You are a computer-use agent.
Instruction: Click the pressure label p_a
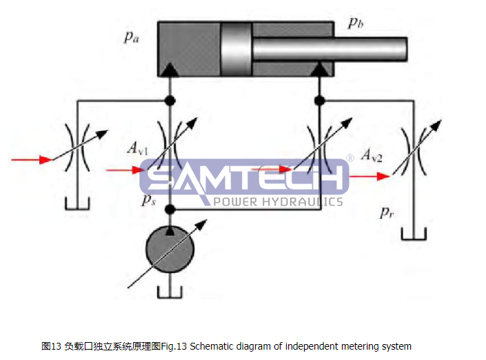coord(131,37)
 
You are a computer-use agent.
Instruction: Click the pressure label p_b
coord(356,23)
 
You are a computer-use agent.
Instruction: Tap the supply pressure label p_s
coord(148,200)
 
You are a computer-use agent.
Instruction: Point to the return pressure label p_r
coord(387,212)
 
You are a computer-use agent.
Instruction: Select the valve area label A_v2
coord(372,156)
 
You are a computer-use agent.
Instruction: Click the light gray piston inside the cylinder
coord(236,49)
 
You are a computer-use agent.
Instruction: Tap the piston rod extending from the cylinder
coord(330,49)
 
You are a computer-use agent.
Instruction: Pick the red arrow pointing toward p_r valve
coord(369,176)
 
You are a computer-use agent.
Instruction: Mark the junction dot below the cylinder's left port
coord(170,101)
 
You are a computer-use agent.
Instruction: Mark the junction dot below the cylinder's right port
coord(319,101)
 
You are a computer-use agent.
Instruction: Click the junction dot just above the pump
coord(170,208)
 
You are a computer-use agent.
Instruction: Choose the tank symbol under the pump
coord(170,292)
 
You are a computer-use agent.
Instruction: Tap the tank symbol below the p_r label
coord(414,234)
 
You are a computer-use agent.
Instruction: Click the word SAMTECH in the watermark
coord(245,178)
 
